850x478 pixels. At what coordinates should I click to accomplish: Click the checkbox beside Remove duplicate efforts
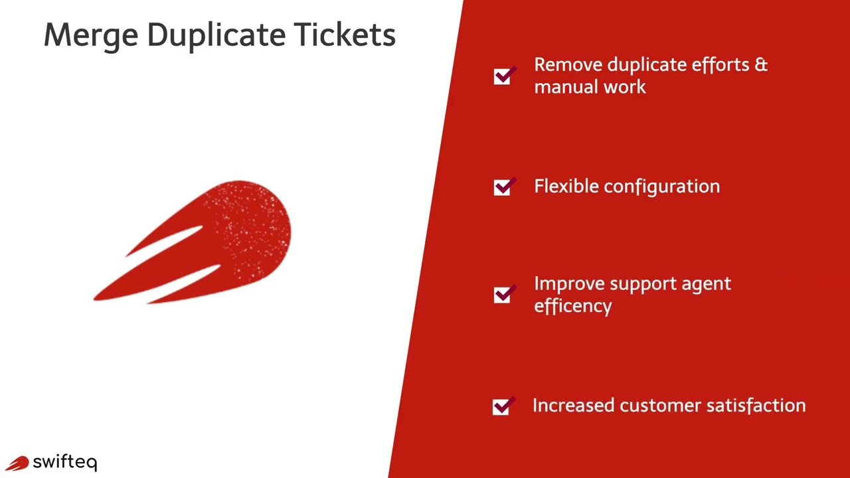[503, 76]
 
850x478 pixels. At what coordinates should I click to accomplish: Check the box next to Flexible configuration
[503, 187]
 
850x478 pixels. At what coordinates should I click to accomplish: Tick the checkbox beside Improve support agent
[503, 295]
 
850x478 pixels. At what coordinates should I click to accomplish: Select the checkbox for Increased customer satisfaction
[501, 406]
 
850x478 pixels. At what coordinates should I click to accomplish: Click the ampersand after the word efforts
[761, 65]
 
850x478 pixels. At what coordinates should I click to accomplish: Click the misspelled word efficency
[572, 306]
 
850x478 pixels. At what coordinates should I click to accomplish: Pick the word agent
[706, 285]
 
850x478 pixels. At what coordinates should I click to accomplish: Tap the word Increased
[573, 406]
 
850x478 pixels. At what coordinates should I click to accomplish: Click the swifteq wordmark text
[65, 463]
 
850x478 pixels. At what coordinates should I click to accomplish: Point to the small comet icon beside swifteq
[17, 463]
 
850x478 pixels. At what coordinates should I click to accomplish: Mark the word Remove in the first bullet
[568, 65]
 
